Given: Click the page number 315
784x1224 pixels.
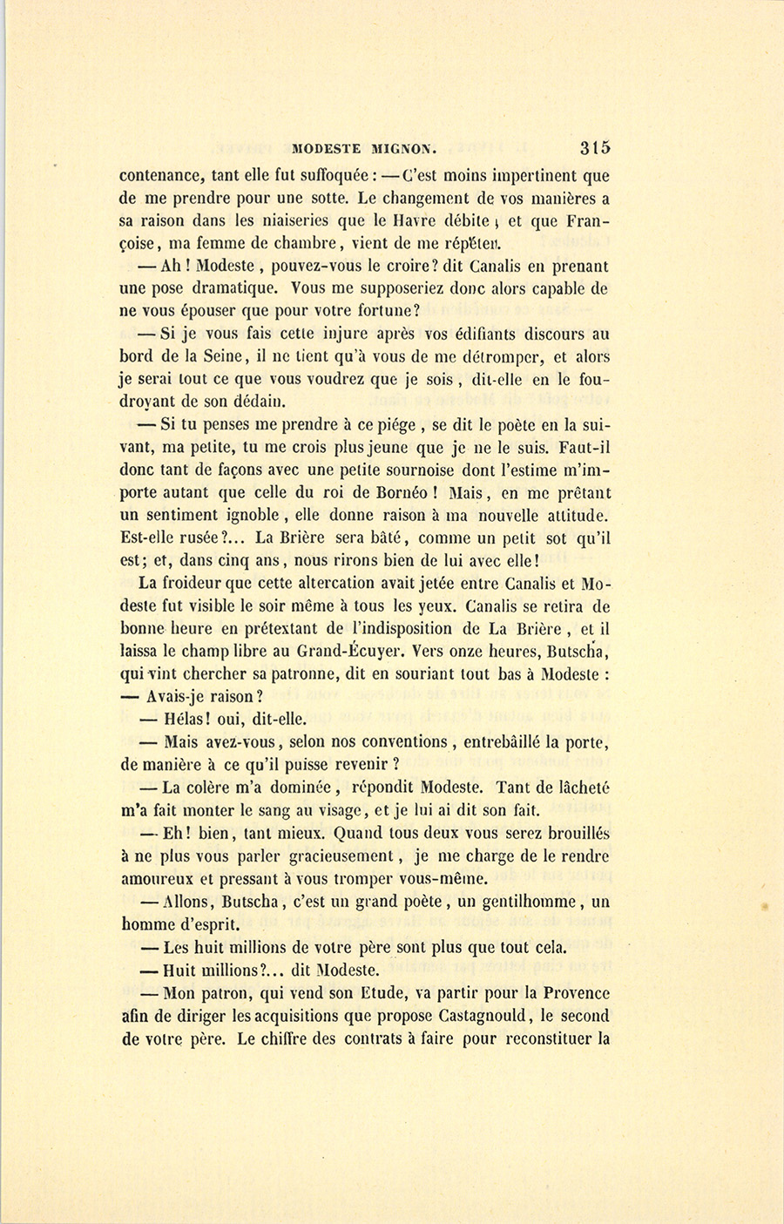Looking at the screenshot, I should click(592, 147).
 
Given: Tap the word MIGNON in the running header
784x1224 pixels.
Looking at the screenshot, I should click(409, 148).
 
